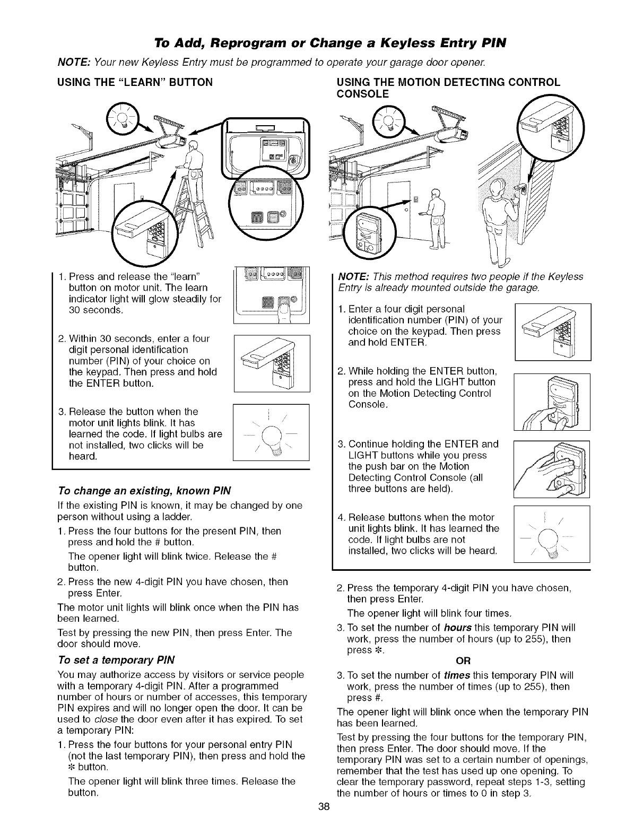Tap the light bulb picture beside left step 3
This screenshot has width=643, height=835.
tap(271, 435)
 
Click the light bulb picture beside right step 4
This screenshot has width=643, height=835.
tap(552, 535)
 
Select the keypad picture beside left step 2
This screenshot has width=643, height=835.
tap(271, 363)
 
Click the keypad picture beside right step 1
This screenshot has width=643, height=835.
tap(552, 332)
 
